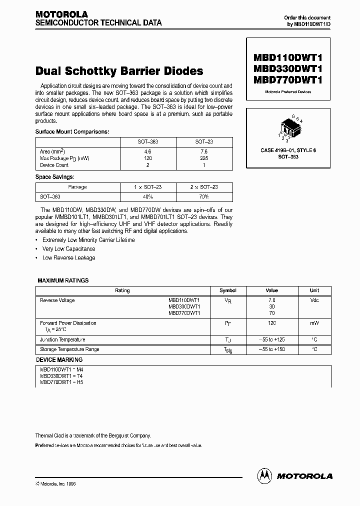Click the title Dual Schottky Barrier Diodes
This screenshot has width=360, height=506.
click(119, 71)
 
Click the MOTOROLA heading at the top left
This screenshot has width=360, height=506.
click(61, 14)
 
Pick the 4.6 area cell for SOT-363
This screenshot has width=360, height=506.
click(148, 151)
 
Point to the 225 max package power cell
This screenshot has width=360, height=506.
click(204, 158)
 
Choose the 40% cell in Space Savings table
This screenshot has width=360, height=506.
click(148, 196)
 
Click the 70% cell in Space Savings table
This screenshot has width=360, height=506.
click(204, 196)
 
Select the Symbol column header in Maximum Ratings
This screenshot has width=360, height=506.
click(228, 290)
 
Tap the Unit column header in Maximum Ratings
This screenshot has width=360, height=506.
click(314, 290)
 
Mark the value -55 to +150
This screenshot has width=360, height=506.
click(271, 349)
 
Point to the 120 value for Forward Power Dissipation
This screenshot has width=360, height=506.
click(271, 323)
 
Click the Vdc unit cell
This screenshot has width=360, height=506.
click(314, 300)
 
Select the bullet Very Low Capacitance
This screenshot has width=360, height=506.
click(68, 249)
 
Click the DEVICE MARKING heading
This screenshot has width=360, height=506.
click(59, 359)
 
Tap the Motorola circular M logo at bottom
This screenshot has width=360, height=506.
click(264, 476)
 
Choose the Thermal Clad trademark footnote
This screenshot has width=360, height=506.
click(93, 435)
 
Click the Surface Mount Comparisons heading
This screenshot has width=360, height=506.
click(72, 132)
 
